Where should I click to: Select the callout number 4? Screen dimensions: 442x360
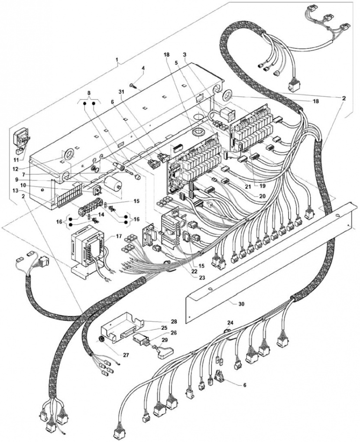(143, 68)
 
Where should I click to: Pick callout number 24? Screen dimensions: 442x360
(230, 323)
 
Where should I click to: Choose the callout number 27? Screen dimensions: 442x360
(126, 355)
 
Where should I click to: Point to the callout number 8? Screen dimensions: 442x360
(89, 93)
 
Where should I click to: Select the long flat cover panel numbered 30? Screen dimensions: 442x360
(269, 260)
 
